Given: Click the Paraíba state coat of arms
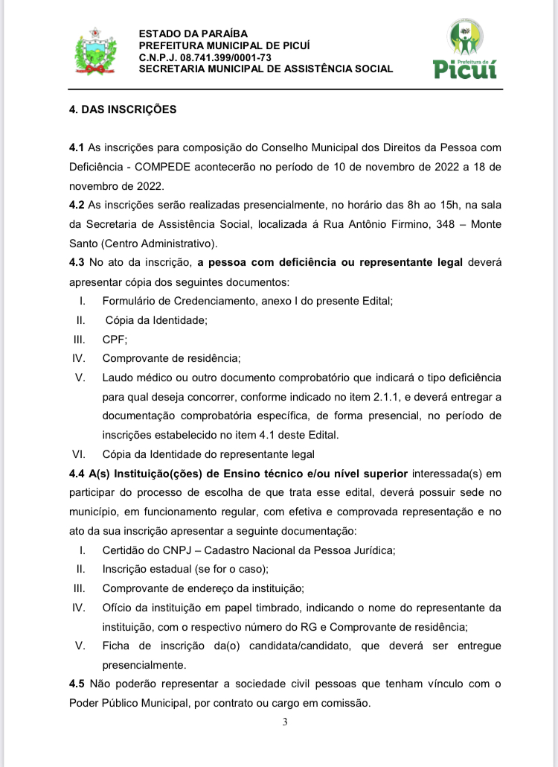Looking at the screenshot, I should click(93, 51).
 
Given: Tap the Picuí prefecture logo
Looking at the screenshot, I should click(465, 49).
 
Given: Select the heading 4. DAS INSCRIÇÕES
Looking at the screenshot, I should click(123, 109).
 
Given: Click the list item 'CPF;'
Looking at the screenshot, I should click(115, 339).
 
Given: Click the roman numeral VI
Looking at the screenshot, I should click(79, 454).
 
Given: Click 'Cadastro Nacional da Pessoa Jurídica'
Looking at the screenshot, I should click(300, 550).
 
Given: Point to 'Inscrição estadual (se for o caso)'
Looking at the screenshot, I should click(185, 569).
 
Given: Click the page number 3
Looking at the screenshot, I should click(285, 722).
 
